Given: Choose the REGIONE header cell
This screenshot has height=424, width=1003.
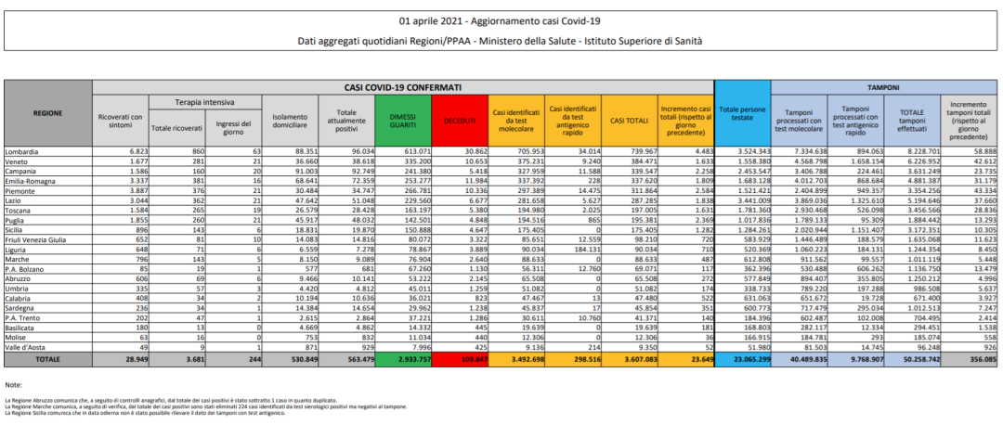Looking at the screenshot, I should pos(47,113).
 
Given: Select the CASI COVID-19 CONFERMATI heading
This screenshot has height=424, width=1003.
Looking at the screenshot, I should pos(403,86).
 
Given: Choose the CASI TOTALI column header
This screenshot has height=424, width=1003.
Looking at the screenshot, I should pos(629,121).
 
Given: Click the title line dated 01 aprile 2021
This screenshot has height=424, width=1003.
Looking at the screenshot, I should pos(501,20).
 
